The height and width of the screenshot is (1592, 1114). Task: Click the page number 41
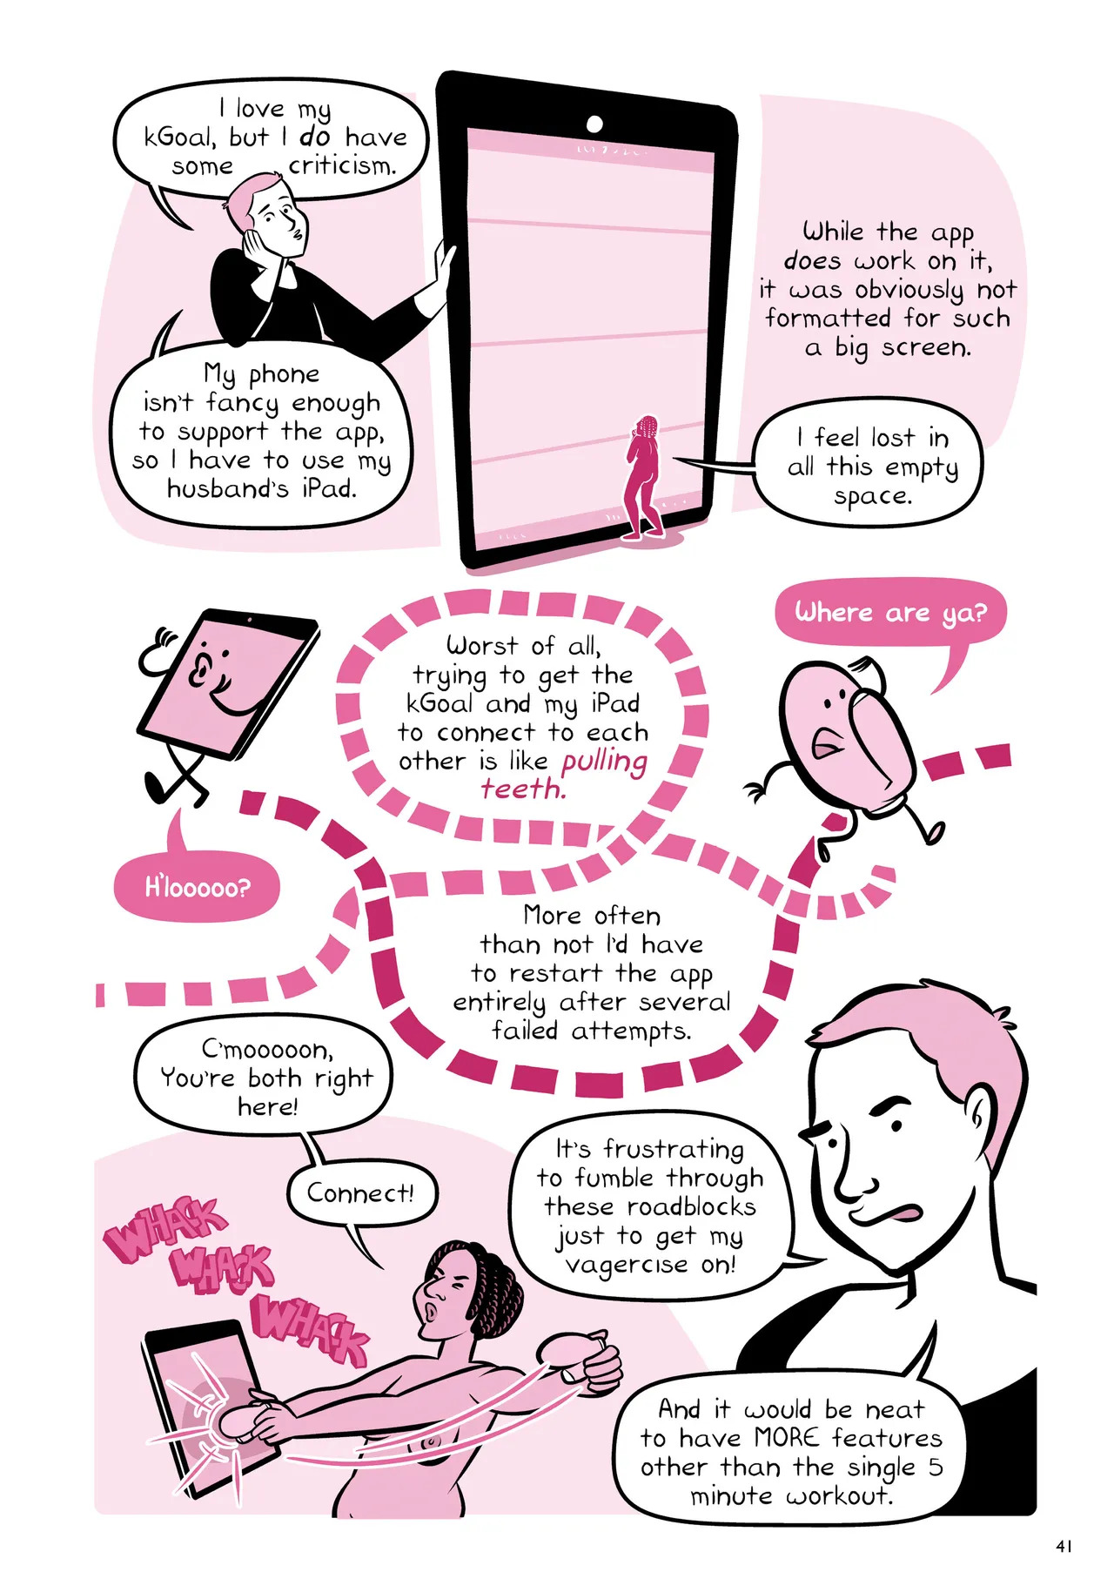[1063, 1546]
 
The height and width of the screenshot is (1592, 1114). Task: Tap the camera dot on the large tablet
[595, 124]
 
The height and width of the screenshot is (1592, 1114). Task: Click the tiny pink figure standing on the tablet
[644, 478]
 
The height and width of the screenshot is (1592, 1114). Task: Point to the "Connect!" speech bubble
[361, 1193]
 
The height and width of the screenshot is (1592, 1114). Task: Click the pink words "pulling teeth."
[564, 775]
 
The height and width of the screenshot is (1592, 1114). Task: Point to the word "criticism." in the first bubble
[342, 165]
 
